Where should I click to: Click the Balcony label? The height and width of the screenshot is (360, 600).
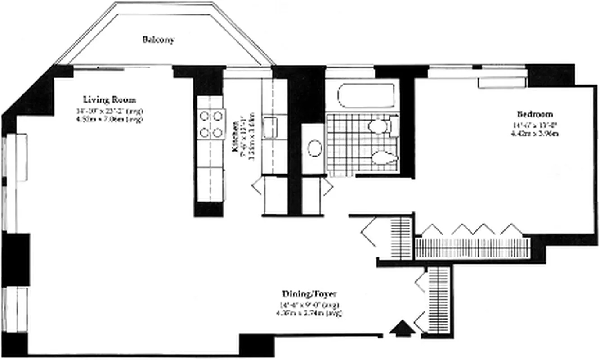coord(158,40)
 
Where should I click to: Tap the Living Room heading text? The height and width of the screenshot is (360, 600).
coord(109,100)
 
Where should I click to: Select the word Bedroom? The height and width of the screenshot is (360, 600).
coord(535,114)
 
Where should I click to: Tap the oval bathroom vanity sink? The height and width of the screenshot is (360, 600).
coord(314,148)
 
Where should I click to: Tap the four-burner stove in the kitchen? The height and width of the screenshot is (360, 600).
coord(211,125)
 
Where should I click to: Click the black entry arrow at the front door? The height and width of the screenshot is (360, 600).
coord(402,328)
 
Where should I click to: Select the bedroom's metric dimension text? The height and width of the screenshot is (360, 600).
coord(535,134)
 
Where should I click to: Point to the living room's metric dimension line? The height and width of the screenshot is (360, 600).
coord(109,119)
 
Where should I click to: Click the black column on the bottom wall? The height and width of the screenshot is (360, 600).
coord(256,345)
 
